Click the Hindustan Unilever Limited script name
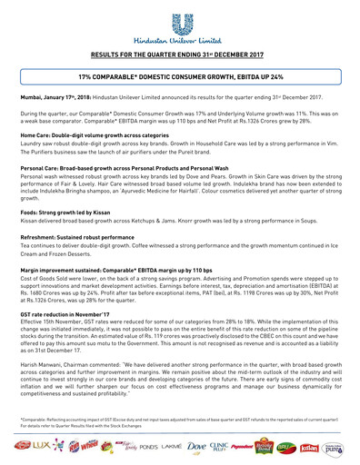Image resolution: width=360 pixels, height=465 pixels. pyautogui.click(x=180, y=41)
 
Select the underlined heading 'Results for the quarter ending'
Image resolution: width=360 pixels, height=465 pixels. pyautogui.click(x=180, y=55)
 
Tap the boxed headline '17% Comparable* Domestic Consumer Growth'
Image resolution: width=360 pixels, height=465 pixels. pyautogui.click(x=180, y=80)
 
